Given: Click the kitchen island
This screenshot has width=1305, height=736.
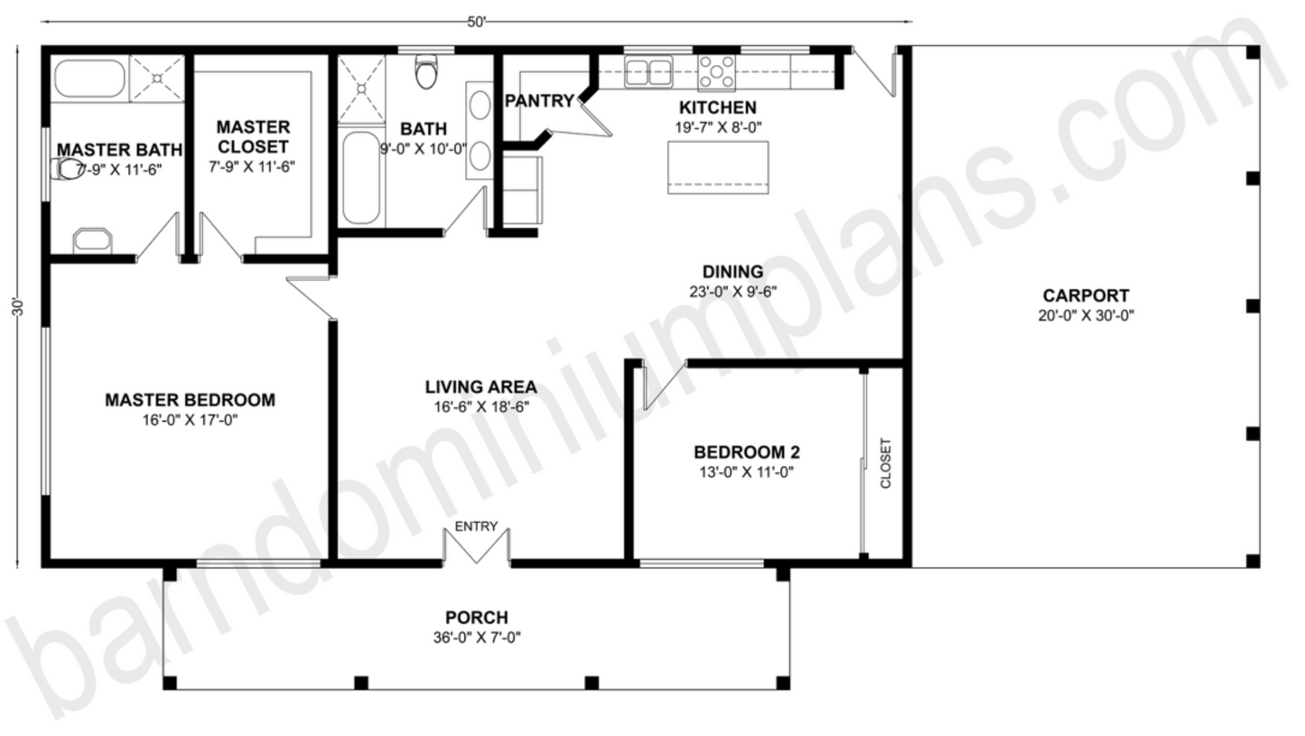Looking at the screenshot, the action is pyautogui.click(x=718, y=167).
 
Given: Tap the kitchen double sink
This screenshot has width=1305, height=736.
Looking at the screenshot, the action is pyautogui.click(x=648, y=71).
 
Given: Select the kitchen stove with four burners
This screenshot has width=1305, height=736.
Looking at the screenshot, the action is pyautogui.click(x=716, y=73).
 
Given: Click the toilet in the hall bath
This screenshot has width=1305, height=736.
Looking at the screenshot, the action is pyautogui.click(x=426, y=71).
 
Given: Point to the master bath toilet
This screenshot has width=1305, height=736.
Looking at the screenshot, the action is pyautogui.click(x=68, y=169).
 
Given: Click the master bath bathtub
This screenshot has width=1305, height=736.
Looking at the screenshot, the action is pyautogui.click(x=89, y=78).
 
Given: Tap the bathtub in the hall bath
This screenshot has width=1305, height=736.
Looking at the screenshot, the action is pyautogui.click(x=361, y=178).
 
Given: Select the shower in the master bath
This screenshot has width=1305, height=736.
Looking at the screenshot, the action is pyautogui.click(x=157, y=78).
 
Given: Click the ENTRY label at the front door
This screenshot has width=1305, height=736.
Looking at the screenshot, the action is pyautogui.click(x=476, y=526).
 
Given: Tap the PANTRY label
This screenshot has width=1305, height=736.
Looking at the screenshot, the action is pyautogui.click(x=539, y=101).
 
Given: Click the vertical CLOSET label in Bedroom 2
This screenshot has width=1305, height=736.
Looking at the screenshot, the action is pyautogui.click(x=886, y=462).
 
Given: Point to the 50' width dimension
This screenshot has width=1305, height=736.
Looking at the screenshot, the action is pyautogui.click(x=476, y=23).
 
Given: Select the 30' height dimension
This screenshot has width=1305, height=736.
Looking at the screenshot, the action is pyautogui.click(x=18, y=308).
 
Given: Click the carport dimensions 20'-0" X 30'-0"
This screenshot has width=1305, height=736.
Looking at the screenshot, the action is pyautogui.click(x=1086, y=315).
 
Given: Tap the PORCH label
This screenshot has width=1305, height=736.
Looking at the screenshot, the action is pyautogui.click(x=477, y=617).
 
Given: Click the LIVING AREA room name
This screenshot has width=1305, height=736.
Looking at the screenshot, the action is pyautogui.click(x=480, y=387).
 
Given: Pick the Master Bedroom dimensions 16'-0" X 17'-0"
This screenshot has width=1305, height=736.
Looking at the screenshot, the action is pyautogui.click(x=190, y=420).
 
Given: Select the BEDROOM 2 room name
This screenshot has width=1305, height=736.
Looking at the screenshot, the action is pyautogui.click(x=747, y=452).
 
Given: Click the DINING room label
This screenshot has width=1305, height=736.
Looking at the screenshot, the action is pyautogui.click(x=733, y=272).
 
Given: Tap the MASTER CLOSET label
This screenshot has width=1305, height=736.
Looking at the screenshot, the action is pyautogui.click(x=253, y=137).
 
